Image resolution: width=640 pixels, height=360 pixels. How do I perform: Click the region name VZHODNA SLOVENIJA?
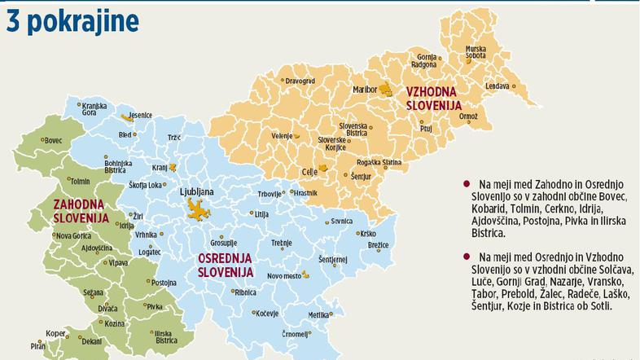pos(434,99)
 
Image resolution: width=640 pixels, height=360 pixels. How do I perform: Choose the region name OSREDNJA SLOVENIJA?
pos(226,265)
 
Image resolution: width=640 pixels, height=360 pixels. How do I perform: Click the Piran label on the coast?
pos(38,345)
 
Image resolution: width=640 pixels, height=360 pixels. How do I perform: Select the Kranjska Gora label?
pos(95,111)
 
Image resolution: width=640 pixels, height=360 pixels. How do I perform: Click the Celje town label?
pos(309,172)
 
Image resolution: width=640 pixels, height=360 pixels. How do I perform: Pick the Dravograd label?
pos(299,81)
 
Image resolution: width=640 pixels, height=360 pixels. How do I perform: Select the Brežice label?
pos(379,244)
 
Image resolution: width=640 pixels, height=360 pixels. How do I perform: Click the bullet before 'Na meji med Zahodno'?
pos(465,185)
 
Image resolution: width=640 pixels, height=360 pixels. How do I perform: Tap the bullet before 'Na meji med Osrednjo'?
pos(465,255)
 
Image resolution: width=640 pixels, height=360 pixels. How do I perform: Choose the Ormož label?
pos(468,116)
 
